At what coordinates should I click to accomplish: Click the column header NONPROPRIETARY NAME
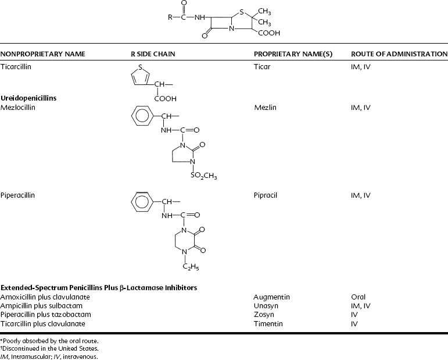43,54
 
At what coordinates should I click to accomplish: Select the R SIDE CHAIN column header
153,54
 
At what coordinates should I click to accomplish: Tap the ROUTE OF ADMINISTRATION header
399,54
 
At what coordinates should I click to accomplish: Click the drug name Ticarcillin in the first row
16,67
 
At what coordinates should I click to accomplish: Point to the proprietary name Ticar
262,67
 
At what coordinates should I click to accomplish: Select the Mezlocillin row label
18,108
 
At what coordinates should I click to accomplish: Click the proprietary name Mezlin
264,108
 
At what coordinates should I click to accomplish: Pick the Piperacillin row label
18,195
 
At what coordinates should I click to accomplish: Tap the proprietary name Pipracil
266,195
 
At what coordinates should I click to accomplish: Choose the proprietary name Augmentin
271,297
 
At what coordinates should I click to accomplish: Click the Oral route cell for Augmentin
359,297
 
